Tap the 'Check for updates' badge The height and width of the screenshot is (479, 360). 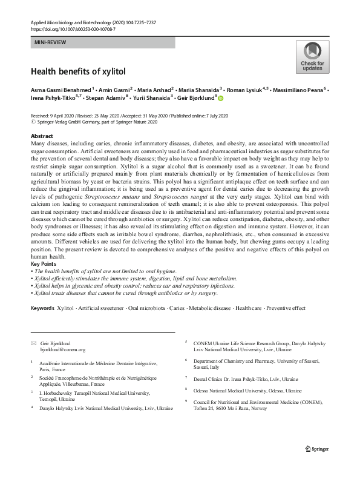click(313, 58)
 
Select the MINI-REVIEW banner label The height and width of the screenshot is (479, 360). click(51, 42)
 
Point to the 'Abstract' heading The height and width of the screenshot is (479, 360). click(42, 137)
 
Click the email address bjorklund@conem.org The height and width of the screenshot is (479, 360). click(62, 349)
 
